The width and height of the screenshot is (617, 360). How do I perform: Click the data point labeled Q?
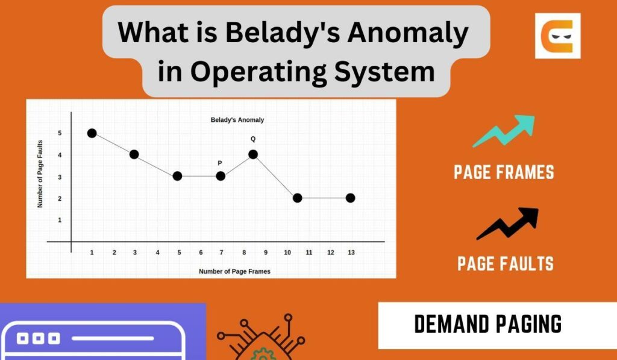tap(253, 154)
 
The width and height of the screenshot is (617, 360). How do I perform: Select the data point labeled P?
tap(221, 176)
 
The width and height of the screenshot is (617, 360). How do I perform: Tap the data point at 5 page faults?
tap(92, 133)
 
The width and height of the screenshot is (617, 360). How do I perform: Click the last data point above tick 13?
tap(351, 198)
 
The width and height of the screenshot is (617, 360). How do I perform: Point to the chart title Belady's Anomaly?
tap(237, 120)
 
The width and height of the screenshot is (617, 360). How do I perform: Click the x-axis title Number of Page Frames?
tap(234, 271)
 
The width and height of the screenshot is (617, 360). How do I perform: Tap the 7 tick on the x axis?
tap(221, 253)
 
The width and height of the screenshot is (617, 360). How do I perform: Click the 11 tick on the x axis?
tap(308, 253)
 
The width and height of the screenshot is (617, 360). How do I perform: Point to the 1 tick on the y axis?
tap(59, 220)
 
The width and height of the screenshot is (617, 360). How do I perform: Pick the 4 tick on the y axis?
tap(59, 155)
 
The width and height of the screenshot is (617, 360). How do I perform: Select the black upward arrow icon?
tap(507, 224)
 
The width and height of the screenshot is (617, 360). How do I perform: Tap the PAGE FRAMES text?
tap(504, 172)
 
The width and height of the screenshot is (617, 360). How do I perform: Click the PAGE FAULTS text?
tap(506, 264)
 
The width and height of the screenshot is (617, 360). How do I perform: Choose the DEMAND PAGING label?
tap(488, 324)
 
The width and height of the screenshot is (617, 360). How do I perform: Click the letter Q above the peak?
tap(253, 139)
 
